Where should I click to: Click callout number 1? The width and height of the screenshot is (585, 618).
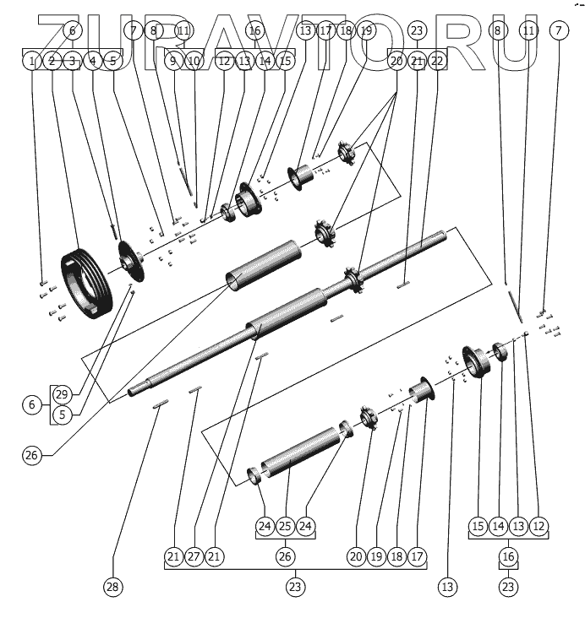coord(31,61)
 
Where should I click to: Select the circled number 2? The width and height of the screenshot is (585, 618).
coord(52,61)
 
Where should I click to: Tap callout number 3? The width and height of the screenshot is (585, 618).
coord(73,61)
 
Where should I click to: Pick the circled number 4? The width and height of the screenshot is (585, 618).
coord(92,61)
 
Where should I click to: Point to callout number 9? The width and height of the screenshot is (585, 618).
coord(173,61)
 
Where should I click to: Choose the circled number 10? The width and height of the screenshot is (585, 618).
coord(194,61)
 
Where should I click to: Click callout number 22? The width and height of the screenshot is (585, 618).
coord(437,61)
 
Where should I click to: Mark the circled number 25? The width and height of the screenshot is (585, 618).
coord(285,526)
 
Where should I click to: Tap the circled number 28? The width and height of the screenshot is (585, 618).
coord(112,586)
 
